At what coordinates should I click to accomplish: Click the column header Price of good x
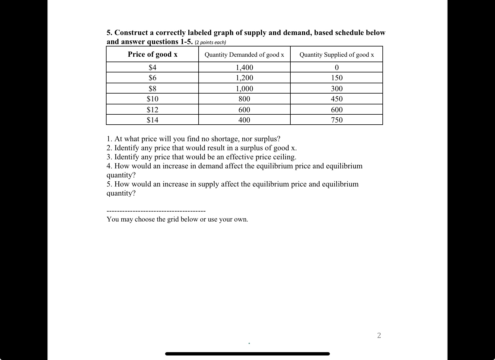(x=152, y=54)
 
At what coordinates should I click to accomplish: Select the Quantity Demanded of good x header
(x=244, y=55)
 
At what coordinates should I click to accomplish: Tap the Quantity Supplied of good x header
(x=337, y=55)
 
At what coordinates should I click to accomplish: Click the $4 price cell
(x=152, y=67)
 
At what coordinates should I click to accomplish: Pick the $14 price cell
(x=152, y=120)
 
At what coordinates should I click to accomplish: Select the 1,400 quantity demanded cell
(x=244, y=67)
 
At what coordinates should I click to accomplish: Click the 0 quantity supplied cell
(x=337, y=67)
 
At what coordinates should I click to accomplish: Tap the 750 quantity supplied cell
(x=337, y=120)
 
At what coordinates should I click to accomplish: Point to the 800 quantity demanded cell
(x=244, y=99)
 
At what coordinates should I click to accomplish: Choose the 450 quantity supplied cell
(x=337, y=99)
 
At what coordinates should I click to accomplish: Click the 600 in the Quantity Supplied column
(x=337, y=110)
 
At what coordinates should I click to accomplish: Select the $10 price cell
(x=152, y=99)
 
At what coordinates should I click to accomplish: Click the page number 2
(x=379, y=335)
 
